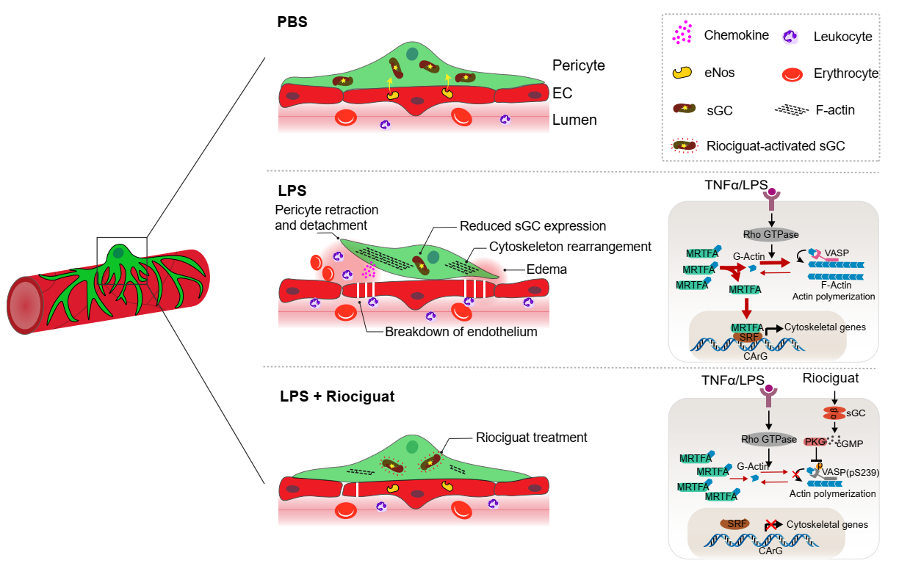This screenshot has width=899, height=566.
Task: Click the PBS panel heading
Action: point(292,21)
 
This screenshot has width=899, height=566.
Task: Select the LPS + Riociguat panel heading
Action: point(337,397)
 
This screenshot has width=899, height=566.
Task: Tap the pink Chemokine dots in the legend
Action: point(683,32)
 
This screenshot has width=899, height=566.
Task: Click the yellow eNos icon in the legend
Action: point(683,72)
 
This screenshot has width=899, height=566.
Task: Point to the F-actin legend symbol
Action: point(792,110)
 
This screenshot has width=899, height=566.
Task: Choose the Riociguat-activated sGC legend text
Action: point(775,146)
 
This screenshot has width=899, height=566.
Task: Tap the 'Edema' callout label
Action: point(546,269)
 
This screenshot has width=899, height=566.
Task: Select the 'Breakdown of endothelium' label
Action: point(461,331)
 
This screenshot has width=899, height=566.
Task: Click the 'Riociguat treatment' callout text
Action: point(532,438)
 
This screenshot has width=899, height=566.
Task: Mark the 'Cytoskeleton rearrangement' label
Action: point(570,247)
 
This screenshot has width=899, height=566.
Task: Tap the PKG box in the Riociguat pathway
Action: point(815,441)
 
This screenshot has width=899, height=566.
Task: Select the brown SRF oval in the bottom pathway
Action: point(734,523)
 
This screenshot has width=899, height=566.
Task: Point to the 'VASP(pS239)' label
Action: point(851,472)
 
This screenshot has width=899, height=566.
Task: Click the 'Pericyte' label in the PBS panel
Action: point(578,65)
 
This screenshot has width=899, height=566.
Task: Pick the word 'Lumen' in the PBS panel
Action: point(574,120)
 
